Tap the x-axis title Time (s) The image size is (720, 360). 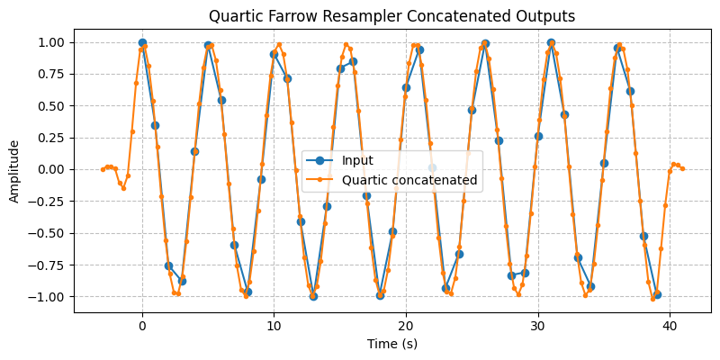click(x=392, y=343)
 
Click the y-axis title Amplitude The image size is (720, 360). click(x=15, y=170)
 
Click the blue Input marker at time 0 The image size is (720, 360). click(x=142, y=42)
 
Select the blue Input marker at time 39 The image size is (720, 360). click(x=657, y=294)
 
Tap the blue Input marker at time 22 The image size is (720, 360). click(x=432, y=167)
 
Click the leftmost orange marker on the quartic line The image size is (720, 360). click(x=103, y=169)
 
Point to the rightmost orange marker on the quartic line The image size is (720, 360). click(x=683, y=168)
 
